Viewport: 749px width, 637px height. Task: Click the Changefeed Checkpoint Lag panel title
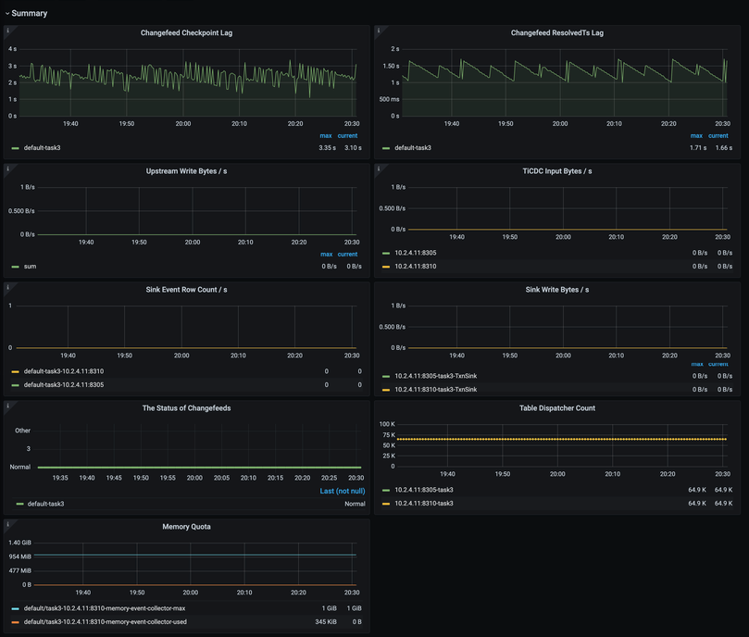pyautogui.click(x=186, y=33)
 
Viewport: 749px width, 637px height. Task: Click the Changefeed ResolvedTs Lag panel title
pyautogui.click(x=556, y=33)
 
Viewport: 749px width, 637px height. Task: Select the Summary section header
pyautogui.click(x=29, y=14)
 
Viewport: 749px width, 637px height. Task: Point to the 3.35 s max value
pyautogui.click(x=327, y=148)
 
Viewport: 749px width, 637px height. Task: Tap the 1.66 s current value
pyautogui.click(x=723, y=148)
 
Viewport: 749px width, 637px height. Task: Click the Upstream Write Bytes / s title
pyautogui.click(x=186, y=171)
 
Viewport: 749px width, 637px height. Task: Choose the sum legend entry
pyautogui.click(x=30, y=267)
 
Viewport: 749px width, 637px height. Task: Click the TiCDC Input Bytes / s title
pyautogui.click(x=556, y=171)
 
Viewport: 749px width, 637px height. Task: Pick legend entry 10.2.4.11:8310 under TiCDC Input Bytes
pyautogui.click(x=415, y=267)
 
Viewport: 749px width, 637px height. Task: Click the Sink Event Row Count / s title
pyautogui.click(x=186, y=290)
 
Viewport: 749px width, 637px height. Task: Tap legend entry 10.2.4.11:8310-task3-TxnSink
pyautogui.click(x=435, y=390)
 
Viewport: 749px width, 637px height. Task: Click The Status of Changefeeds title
pyautogui.click(x=186, y=408)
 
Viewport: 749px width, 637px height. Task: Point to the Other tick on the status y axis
pyautogui.click(x=23, y=431)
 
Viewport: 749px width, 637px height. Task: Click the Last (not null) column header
pyautogui.click(x=342, y=491)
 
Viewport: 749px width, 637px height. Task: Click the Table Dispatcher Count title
pyautogui.click(x=556, y=408)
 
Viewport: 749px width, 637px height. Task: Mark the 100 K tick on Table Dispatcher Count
pyautogui.click(x=387, y=424)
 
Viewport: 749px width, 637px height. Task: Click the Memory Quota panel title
pyautogui.click(x=186, y=527)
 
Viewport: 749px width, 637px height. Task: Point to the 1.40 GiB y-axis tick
pyautogui.click(x=20, y=543)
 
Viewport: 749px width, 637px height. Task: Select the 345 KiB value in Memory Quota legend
pyautogui.click(x=326, y=622)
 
